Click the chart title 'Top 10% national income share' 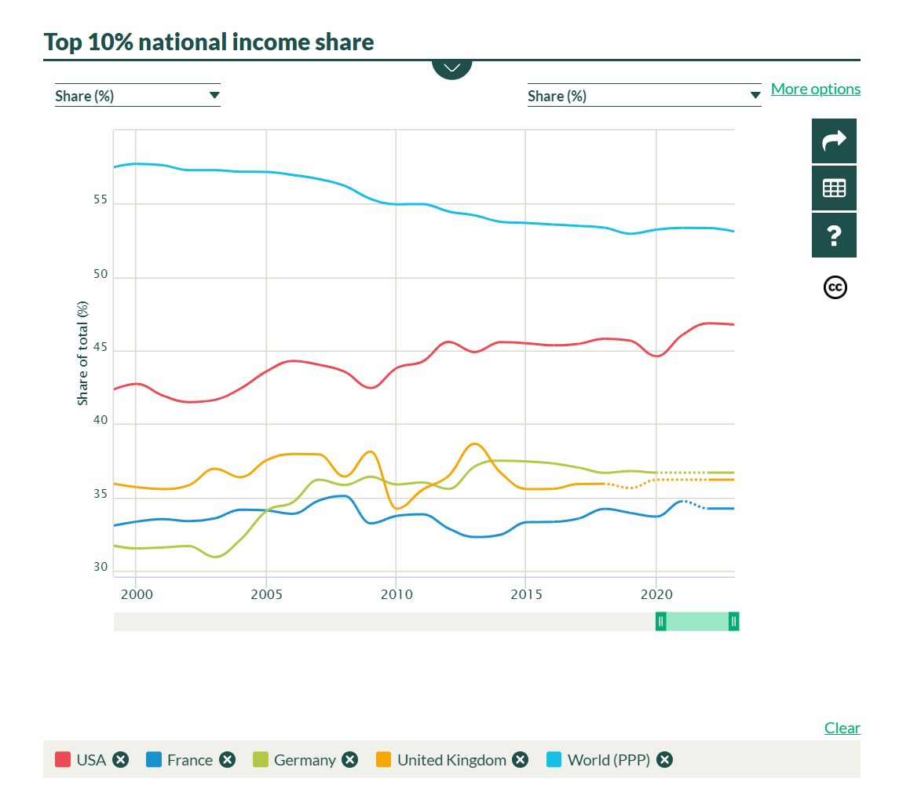pyautogui.click(x=209, y=42)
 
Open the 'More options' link pyautogui.click(x=816, y=89)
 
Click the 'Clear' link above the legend pyautogui.click(x=842, y=728)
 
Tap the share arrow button pyautogui.click(x=834, y=141)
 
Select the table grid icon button pyautogui.click(x=834, y=188)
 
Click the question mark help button pyautogui.click(x=834, y=236)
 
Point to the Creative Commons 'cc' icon pyautogui.click(x=835, y=288)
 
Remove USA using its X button pyautogui.click(x=120, y=760)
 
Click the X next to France pyautogui.click(x=227, y=760)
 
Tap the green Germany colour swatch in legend pyautogui.click(x=261, y=760)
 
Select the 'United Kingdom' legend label pyautogui.click(x=451, y=760)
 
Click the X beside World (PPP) pyautogui.click(x=664, y=760)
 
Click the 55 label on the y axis pyautogui.click(x=100, y=201)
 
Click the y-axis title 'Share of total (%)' pyautogui.click(x=82, y=353)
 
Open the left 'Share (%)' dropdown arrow pyautogui.click(x=214, y=96)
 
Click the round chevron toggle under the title pyautogui.click(x=451, y=68)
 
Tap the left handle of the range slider pyautogui.click(x=661, y=622)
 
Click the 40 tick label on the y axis pyautogui.click(x=100, y=421)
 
